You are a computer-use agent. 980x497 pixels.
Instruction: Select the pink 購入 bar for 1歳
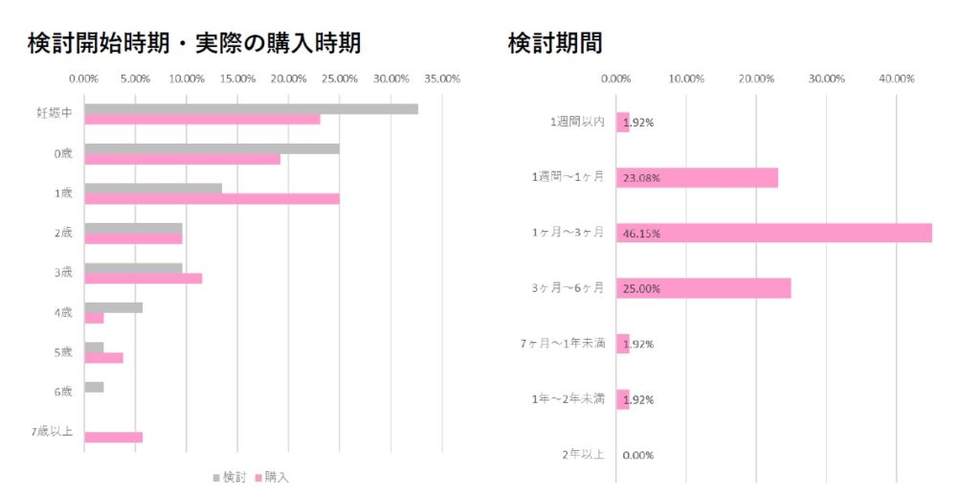212,198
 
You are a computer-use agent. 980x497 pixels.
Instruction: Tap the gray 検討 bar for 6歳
94,387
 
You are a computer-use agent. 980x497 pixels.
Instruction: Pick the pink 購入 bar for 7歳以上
113,437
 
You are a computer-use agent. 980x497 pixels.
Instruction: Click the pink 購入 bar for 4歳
94,318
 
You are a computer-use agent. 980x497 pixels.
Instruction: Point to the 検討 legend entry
230,476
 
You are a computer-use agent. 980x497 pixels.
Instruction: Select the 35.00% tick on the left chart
441,79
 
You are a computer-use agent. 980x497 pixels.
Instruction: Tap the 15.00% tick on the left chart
237,79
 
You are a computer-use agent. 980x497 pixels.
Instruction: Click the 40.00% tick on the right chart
897,79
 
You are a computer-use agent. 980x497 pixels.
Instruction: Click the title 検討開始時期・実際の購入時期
194,43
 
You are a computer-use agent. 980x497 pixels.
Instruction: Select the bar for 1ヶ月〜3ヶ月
773,233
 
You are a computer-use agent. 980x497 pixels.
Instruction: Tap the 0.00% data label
637,455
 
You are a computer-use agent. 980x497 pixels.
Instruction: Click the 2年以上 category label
583,454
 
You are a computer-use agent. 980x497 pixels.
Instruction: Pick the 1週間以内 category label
577,122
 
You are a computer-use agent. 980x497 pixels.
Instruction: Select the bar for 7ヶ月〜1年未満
623,344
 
